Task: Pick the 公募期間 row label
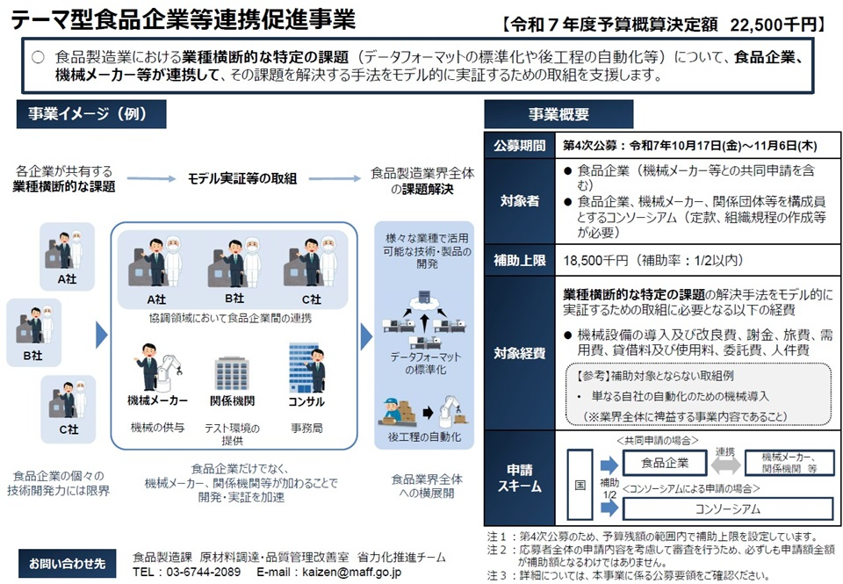[x=518, y=146]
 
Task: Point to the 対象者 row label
[x=518, y=201]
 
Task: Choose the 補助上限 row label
[x=518, y=260]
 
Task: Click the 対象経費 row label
[x=518, y=354]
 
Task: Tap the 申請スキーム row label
[x=518, y=478]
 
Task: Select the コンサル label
[x=306, y=401]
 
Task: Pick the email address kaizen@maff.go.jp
[x=354, y=571]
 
